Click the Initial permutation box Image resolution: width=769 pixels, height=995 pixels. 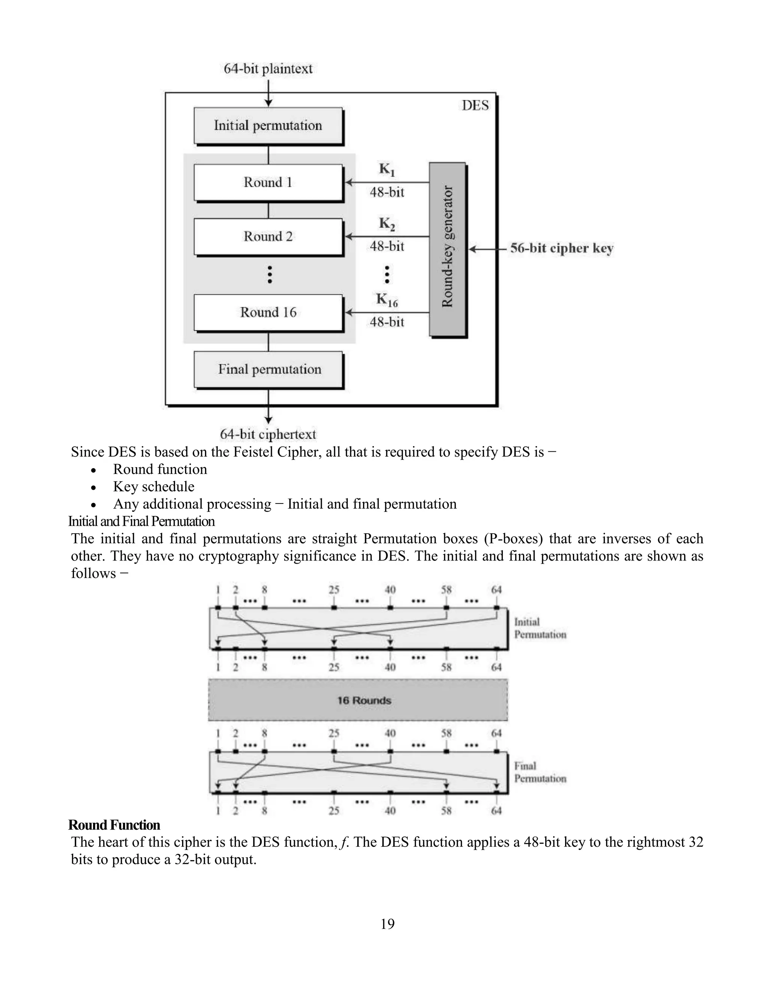pos(268,125)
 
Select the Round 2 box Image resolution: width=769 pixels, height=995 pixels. pos(268,237)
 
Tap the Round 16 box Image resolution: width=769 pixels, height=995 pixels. pos(268,312)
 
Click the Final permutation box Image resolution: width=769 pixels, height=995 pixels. pos(269,369)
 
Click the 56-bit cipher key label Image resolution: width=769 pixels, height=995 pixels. pos(562,248)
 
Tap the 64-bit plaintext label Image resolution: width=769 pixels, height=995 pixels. pos(268,69)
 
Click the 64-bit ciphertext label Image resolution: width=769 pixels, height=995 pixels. pos(268,434)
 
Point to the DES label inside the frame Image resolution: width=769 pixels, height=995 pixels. pos(475,106)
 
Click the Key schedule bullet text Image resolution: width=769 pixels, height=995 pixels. pos(154,487)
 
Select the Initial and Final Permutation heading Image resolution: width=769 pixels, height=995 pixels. pos(141,521)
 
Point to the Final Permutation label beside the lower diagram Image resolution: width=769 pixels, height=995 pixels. pos(540,772)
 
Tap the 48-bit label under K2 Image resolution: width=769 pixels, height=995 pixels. pos(387,246)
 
